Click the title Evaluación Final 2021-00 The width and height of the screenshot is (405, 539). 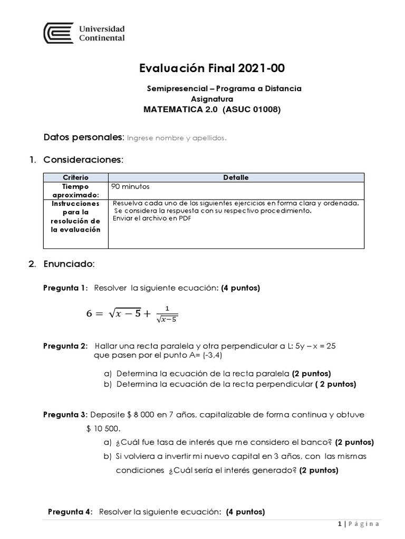[x=207, y=68]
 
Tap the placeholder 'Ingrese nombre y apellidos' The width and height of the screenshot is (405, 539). [x=177, y=138]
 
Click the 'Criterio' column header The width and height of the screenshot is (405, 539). [x=76, y=178]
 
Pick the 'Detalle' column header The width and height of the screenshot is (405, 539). [x=236, y=178]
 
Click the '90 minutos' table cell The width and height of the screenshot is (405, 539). [x=129, y=186]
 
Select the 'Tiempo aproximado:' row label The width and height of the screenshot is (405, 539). [x=76, y=190]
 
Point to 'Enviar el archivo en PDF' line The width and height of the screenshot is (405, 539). [x=152, y=219]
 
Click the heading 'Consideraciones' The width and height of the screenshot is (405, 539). [x=83, y=159]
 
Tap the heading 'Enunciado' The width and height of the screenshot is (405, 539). [x=69, y=263]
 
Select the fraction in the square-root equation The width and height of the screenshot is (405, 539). [x=167, y=314]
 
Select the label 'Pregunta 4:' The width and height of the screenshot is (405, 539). [x=70, y=512]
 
